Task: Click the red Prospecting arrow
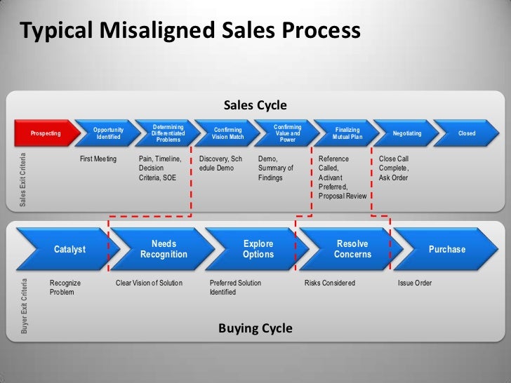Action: pyautogui.click(x=46, y=133)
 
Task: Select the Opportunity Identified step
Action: pyautogui.click(x=109, y=133)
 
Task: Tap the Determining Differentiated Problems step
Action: pyautogui.click(x=168, y=133)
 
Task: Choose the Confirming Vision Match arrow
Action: pyautogui.click(x=228, y=133)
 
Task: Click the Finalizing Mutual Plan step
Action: pyautogui.click(x=347, y=133)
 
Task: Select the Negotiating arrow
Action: pyautogui.click(x=407, y=133)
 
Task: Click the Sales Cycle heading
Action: pyautogui.click(x=255, y=105)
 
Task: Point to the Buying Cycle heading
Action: pyautogui.click(x=255, y=328)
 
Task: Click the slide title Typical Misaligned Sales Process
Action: pyautogui.click(x=190, y=31)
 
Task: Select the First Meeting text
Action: pyautogui.click(x=98, y=159)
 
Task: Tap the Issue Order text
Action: pyautogui.click(x=415, y=283)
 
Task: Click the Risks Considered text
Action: pyautogui.click(x=330, y=283)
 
